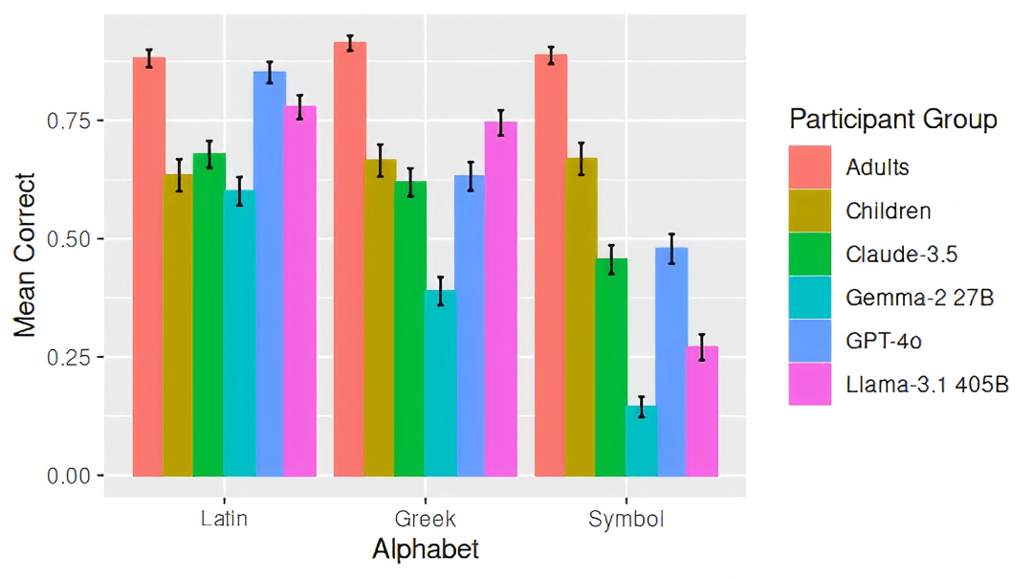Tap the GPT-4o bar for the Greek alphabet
pos(470,325)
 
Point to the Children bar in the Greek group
pos(380,317)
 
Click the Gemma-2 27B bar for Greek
pos(440,383)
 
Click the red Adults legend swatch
pos(810,167)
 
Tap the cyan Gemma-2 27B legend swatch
pos(810,298)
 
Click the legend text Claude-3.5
pos(901,255)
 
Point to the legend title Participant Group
pos(893,120)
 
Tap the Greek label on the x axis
pos(426,520)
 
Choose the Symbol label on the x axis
pos(626,520)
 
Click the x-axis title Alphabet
pos(425,550)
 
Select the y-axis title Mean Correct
pos(26,255)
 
